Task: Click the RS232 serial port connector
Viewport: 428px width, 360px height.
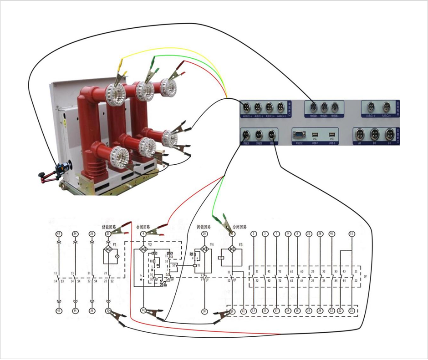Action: (x=299, y=135)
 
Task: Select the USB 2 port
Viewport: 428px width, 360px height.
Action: (x=332, y=135)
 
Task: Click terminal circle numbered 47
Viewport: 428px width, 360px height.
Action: (x=58, y=234)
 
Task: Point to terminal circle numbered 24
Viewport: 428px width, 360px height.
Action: (x=75, y=234)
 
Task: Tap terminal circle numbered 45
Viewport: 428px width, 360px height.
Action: (x=58, y=311)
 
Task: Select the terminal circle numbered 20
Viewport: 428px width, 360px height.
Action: (x=204, y=234)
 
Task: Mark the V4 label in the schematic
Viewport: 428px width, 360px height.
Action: (x=212, y=244)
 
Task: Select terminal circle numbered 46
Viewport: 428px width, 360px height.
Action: (x=332, y=234)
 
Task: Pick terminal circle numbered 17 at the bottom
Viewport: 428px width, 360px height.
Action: (x=276, y=311)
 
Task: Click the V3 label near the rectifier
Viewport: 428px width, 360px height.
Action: (x=241, y=244)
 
